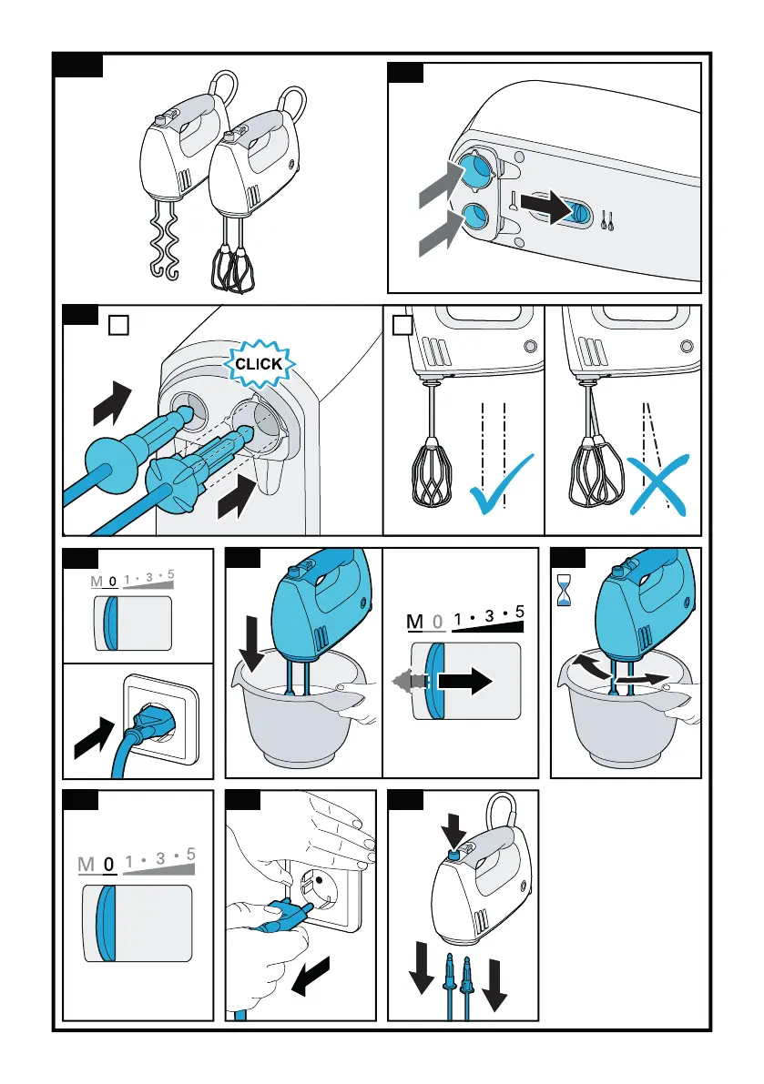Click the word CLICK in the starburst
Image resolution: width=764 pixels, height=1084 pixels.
[259, 364]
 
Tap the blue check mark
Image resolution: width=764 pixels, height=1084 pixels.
[500, 485]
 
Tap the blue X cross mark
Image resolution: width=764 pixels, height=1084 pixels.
[659, 484]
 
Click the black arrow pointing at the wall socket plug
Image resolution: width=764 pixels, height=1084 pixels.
[94, 737]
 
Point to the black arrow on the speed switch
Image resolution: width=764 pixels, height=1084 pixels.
[464, 681]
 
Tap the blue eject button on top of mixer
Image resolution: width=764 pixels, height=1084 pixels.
[453, 856]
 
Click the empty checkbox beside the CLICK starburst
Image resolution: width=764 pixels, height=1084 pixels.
[119, 325]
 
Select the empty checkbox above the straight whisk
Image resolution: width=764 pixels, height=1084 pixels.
[402, 325]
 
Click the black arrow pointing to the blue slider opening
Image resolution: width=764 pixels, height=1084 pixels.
[546, 205]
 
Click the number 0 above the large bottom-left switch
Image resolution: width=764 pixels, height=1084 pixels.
[108, 864]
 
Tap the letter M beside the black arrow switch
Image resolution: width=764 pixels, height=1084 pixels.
[414, 622]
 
